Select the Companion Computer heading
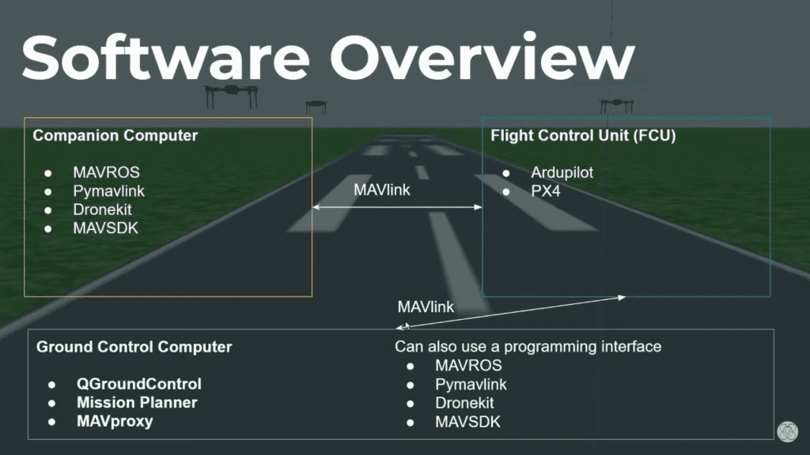[x=115, y=136]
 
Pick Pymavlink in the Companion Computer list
[x=109, y=190]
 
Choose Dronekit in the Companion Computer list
[x=103, y=209]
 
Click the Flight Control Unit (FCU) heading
[x=583, y=135]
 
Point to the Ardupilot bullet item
[x=562, y=171]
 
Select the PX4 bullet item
[x=546, y=190]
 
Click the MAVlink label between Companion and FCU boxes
[x=382, y=190]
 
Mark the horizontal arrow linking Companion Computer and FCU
[x=397, y=207]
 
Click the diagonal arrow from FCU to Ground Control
[x=514, y=311]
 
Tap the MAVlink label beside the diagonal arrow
[x=426, y=306]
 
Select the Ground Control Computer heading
[x=134, y=347]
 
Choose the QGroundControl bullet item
[x=138, y=384]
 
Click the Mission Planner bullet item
[x=137, y=403]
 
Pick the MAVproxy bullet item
[x=115, y=421]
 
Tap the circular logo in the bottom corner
[x=787, y=431]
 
